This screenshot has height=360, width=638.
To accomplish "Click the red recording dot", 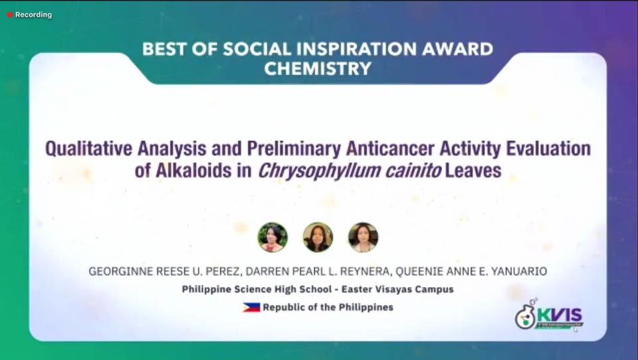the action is click(10, 15).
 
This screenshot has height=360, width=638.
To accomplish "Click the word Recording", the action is click(33, 15).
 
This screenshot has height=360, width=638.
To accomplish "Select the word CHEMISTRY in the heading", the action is click(318, 68).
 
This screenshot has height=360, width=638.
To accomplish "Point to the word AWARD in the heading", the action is click(457, 49).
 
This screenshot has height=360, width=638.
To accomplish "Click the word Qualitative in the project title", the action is click(88, 149).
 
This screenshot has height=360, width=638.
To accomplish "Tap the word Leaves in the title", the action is click(473, 171).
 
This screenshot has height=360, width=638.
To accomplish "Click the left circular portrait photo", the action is click(272, 237).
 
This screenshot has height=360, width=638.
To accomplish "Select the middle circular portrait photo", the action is click(318, 237).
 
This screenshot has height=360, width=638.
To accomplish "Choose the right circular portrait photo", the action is click(363, 237).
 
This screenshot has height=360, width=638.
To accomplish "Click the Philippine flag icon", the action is click(251, 308).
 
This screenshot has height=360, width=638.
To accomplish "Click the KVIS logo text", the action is click(560, 315).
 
